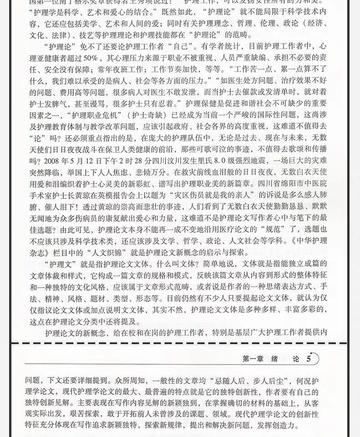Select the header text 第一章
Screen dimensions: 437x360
[x=253, y=359]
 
